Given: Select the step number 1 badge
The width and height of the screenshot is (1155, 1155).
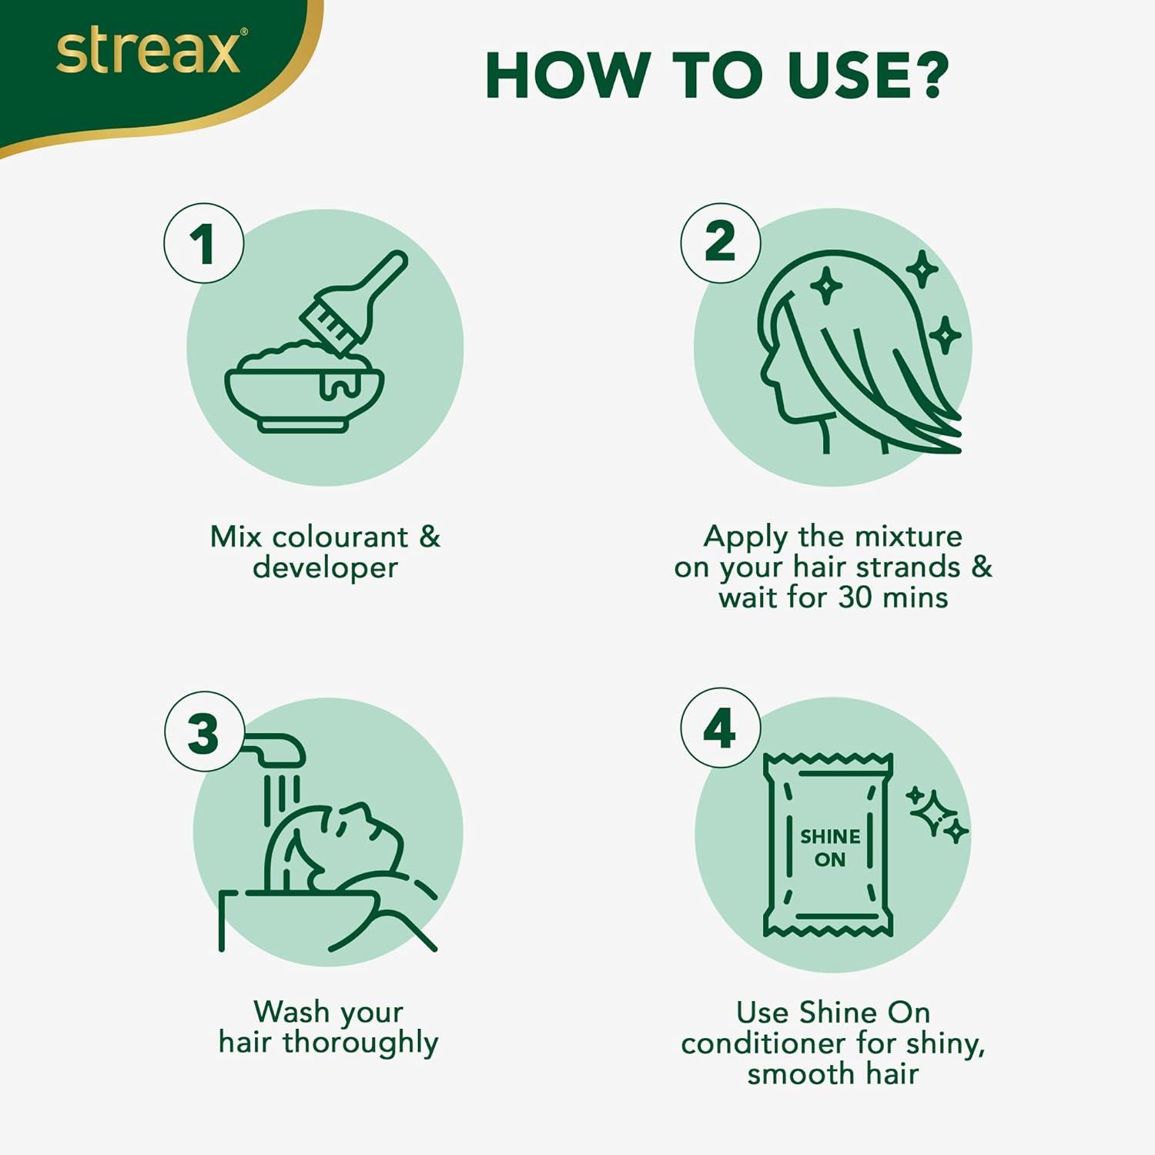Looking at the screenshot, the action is [204, 243].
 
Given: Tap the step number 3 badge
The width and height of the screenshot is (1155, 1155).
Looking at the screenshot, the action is [204, 731].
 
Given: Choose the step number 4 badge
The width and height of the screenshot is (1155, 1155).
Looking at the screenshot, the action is [721, 728].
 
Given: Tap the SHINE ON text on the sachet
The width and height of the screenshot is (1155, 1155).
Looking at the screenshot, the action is [830, 848].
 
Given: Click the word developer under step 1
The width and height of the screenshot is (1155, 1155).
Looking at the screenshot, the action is [325, 567].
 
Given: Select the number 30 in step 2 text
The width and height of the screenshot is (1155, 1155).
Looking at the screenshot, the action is [854, 598].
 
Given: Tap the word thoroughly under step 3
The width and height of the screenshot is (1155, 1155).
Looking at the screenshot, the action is [360, 1043].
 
